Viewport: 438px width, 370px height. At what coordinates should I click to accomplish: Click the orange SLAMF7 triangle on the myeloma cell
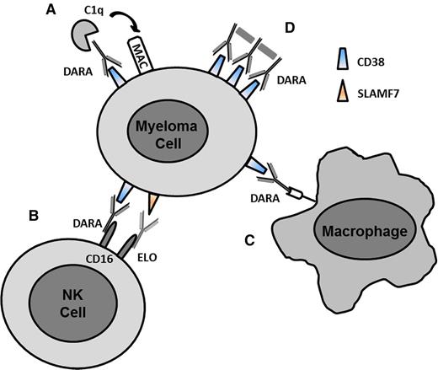point(152,203)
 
